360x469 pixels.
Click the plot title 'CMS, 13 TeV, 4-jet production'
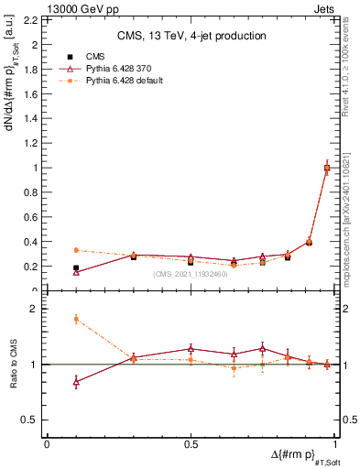(x=191, y=36)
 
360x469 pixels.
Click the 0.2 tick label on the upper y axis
(x=32, y=267)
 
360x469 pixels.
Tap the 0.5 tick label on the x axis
(x=191, y=444)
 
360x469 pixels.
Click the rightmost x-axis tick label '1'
(x=335, y=444)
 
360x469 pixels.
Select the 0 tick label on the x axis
(x=47, y=444)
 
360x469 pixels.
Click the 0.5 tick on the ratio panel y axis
(x=32, y=420)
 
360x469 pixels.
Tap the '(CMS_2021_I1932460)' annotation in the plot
(x=191, y=275)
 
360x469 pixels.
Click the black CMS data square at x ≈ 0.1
(x=76, y=268)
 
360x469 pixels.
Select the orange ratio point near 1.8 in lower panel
(x=76, y=319)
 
